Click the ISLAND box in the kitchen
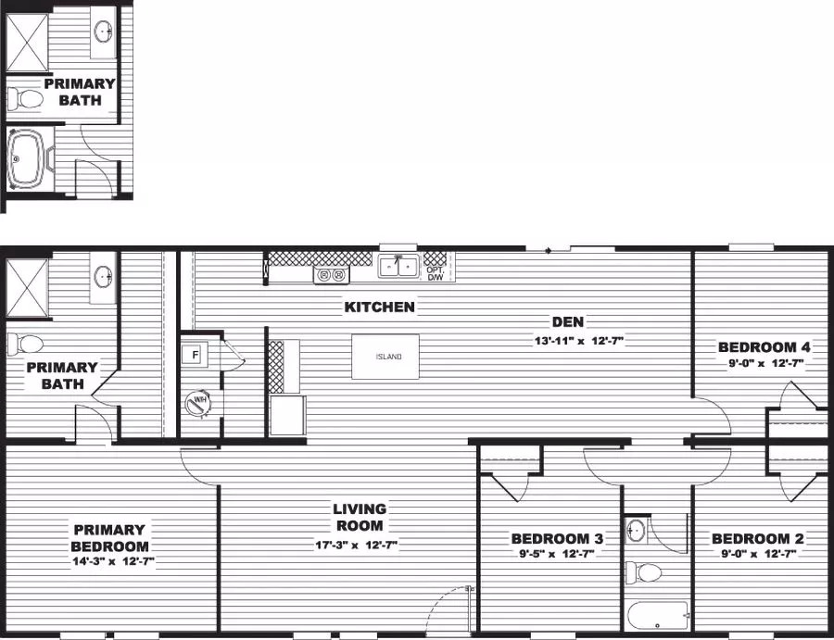click(385, 357)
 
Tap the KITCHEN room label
click(380, 307)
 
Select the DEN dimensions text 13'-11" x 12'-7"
click(566, 340)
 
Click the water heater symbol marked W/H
click(198, 402)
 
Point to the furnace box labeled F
click(196, 354)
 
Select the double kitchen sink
click(398, 267)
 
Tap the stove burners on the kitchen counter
click(331, 274)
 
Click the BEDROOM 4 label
click(764, 347)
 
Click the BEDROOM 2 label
click(757, 538)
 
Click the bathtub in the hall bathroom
click(658, 615)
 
